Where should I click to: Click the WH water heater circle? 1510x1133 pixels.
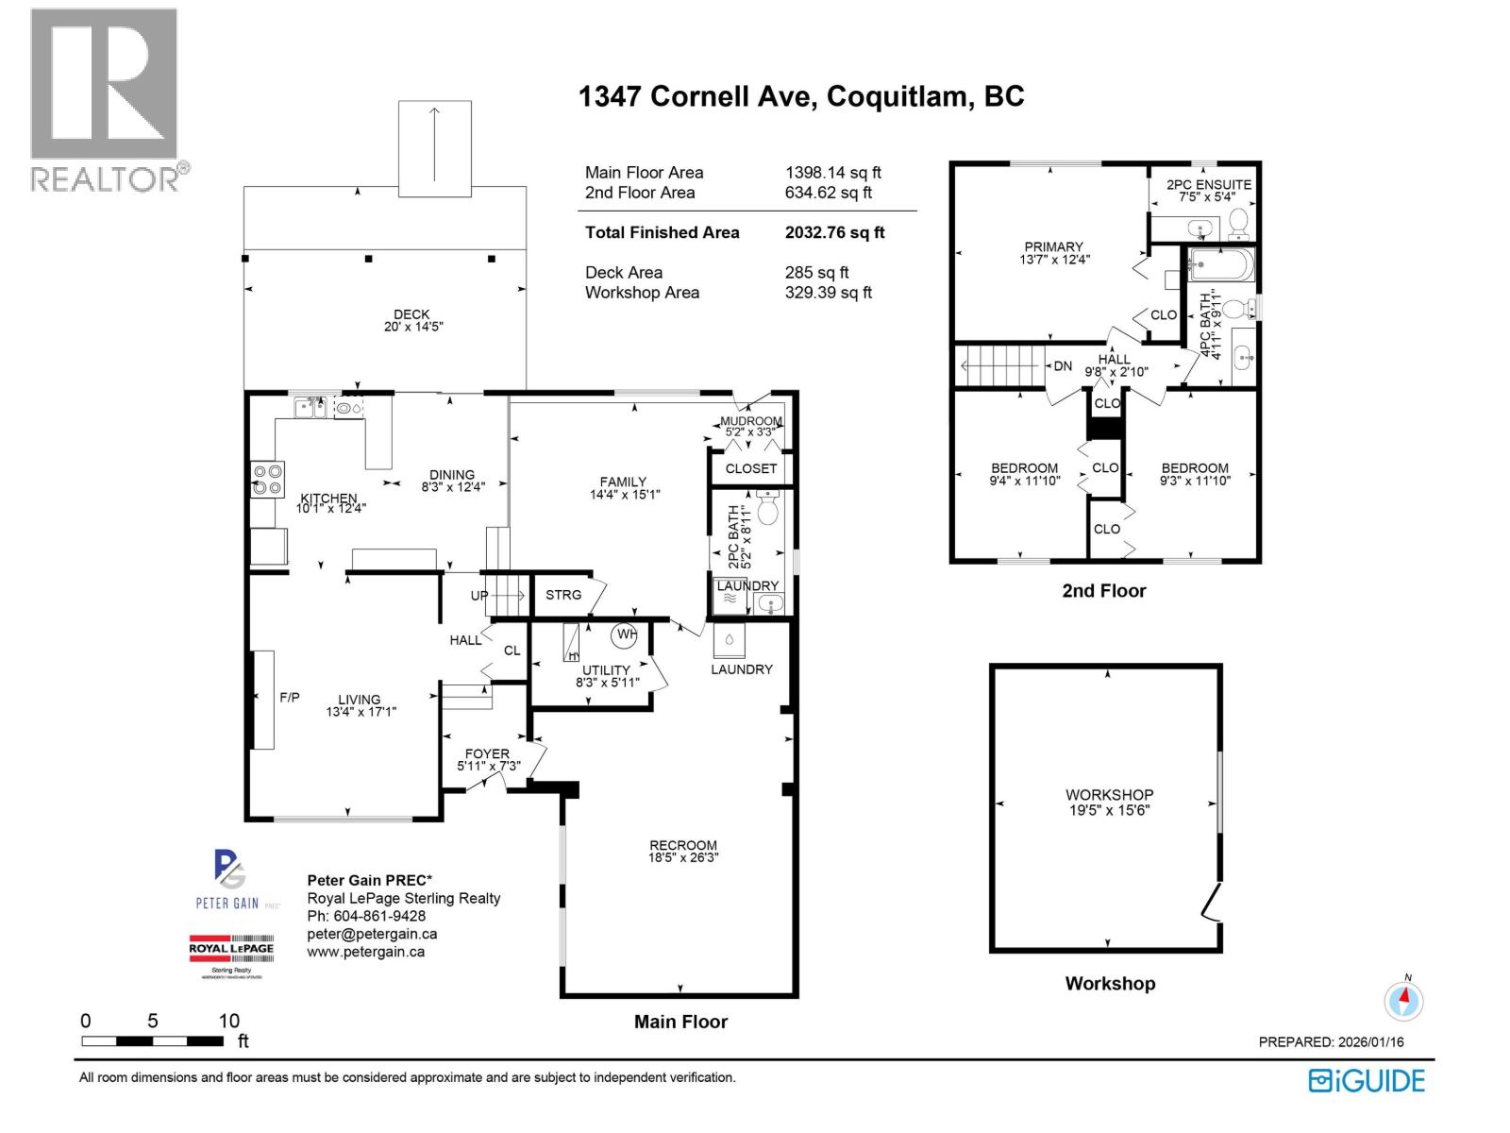tap(626, 635)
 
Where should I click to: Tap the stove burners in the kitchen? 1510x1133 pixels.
tap(267, 480)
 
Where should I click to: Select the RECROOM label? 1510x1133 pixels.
tap(682, 846)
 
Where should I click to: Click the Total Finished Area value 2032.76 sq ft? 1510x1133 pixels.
tap(834, 232)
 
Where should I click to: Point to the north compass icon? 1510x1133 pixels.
tap(1404, 1000)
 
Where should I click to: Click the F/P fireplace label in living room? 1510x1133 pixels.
tap(290, 698)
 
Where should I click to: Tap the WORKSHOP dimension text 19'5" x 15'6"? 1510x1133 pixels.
tap(1108, 810)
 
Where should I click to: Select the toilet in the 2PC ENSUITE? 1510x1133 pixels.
tap(1238, 223)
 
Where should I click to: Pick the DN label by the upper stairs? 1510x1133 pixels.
tap(1063, 366)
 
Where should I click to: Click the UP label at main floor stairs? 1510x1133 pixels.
tap(479, 596)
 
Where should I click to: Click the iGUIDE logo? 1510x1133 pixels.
tap(1367, 1081)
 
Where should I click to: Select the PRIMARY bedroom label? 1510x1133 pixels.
tap(1053, 246)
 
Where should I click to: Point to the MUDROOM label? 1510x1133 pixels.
tap(751, 421)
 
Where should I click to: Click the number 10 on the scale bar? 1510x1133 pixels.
tap(229, 1021)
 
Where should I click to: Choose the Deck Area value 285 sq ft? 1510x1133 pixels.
tap(816, 273)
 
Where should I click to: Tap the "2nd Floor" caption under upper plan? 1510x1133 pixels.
tap(1103, 591)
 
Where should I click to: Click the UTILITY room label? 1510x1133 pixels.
tap(606, 670)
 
